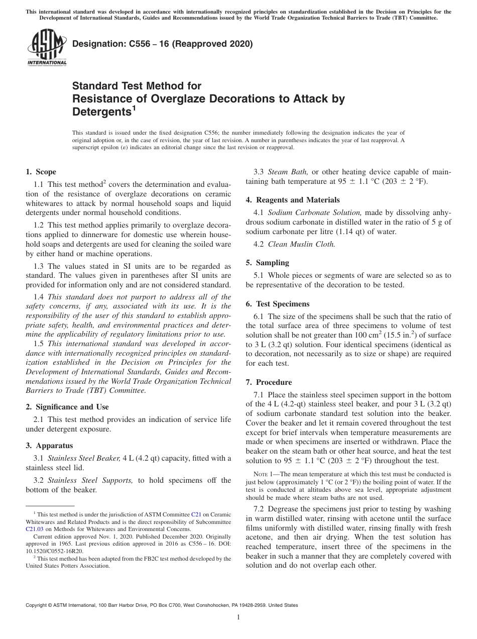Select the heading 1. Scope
pos(41,172)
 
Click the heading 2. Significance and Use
pos(67,407)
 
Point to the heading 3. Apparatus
pos(49,446)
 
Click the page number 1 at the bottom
pos(238,617)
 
